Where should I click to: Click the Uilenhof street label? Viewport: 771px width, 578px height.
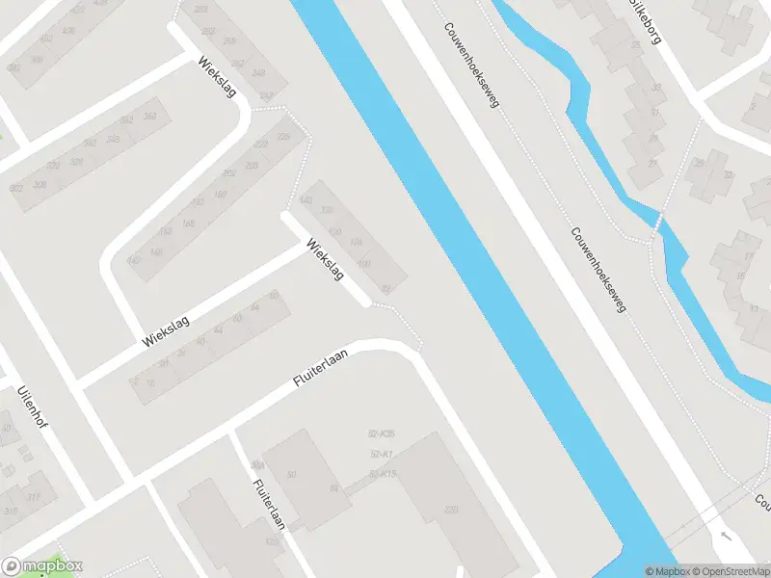pyautogui.click(x=34, y=412)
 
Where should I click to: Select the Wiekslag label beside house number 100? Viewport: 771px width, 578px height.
pyautogui.click(x=325, y=258)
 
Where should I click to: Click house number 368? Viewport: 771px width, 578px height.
pyautogui.click(x=150, y=117)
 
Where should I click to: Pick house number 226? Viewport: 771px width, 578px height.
pyautogui.click(x=283, y=137)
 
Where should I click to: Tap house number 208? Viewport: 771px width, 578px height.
pyautogui.click(x=253, y=167)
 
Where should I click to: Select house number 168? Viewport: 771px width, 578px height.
pyautogui.click(x=189, y=223)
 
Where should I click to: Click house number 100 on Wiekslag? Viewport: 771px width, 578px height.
pyautogui.click(x=363, y=264)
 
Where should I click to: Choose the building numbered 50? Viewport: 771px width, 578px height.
pyautogui.click(x=290, y=473)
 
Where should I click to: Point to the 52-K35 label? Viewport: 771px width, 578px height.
pyautogui.click(x=383, y=434)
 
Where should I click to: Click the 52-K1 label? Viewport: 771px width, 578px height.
pyautogui.click(x=380, y=454)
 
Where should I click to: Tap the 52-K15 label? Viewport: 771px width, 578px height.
pyautogui.click(x=383, y=473)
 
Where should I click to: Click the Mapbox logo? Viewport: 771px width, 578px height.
pyautogui.click(x=42, y=566)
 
